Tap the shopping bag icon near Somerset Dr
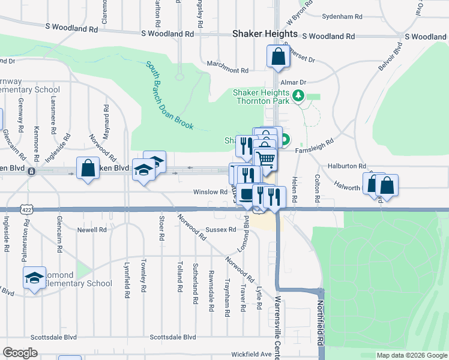pos(278,58)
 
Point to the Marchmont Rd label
pos(228,71)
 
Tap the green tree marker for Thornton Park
pos(297,95)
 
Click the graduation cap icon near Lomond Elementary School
pos(35,277)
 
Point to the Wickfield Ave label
pos(251,354)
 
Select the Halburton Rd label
pos(346,166)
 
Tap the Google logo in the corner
pos(20,353)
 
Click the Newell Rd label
pos(91,229)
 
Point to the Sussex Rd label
pos(220,229)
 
